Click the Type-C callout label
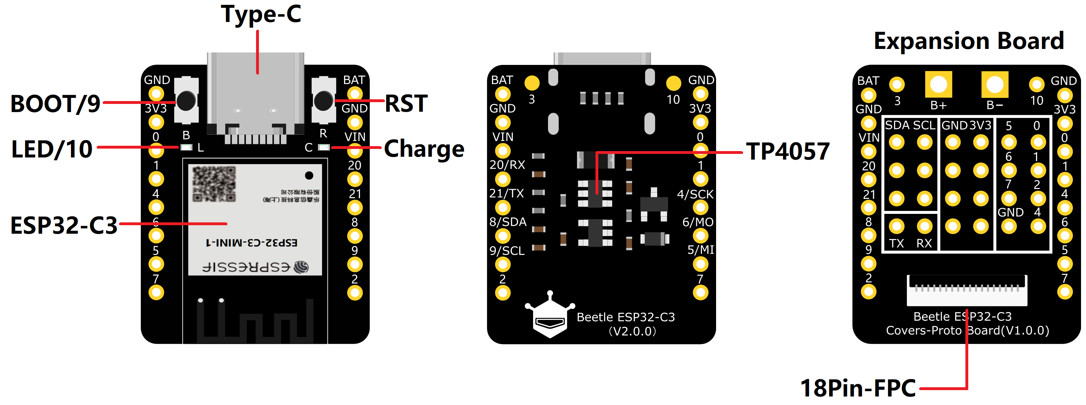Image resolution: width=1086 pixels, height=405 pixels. tap(261, 14)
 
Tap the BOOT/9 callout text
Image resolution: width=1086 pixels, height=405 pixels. tap(55, 104)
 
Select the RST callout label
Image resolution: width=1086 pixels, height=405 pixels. tap(406, 103)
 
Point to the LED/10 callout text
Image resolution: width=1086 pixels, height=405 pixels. tap(52, 149)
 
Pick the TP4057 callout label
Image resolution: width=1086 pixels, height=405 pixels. tap(787, 151)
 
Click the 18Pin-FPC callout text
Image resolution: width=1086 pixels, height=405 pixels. tap(858, 388)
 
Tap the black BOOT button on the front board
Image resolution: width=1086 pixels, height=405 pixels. tap(186, 100)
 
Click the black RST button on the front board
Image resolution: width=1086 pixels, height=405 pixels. tap(323, 100)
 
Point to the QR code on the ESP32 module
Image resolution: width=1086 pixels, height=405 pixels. tap(214, 184)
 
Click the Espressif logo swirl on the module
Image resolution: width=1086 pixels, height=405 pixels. tap(301, 267)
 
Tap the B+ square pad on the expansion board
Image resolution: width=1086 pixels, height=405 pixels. tap(938, 84)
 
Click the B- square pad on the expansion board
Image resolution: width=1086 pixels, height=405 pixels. tap(994, 84)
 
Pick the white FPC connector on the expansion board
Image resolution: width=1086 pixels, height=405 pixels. tap(967, 290)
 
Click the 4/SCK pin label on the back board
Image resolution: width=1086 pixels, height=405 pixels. tap(695, 194)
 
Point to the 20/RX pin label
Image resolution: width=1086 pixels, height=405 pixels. tap(507, 165)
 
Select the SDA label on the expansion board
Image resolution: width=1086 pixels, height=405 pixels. tap(897, 125)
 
